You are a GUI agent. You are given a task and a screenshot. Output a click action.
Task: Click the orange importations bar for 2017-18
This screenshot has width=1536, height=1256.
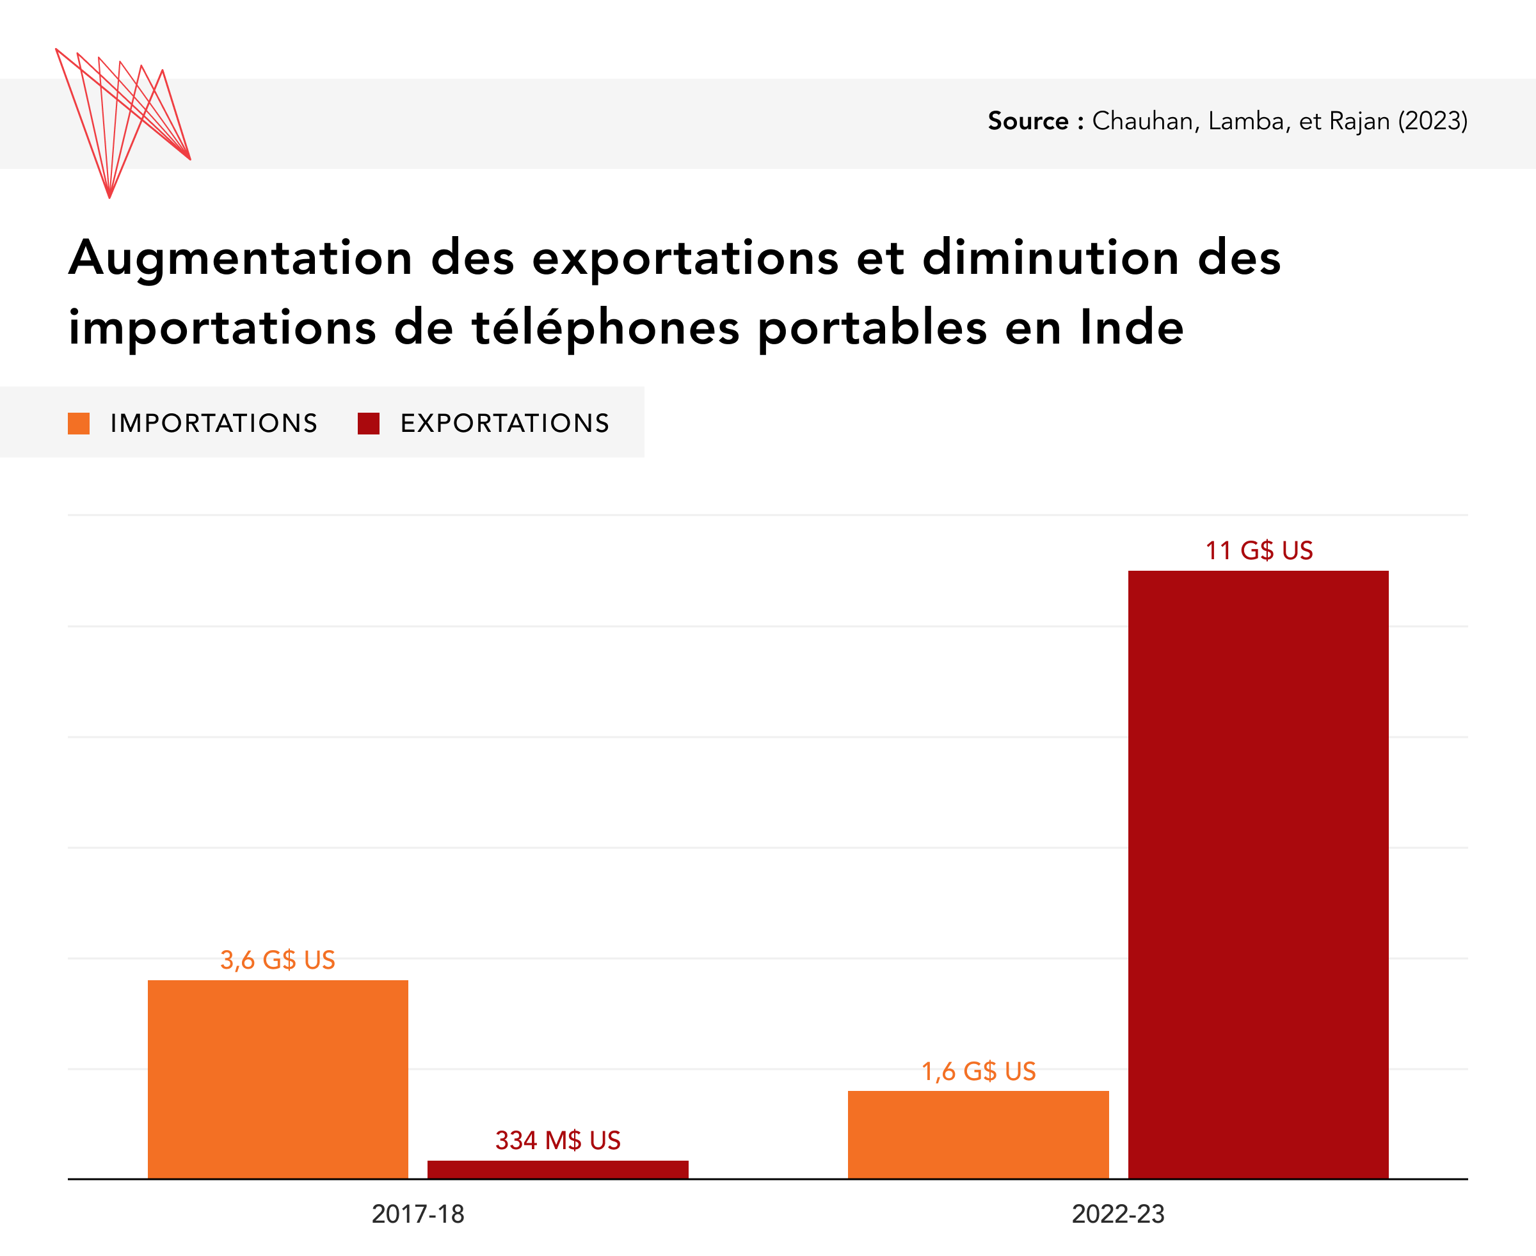278,1079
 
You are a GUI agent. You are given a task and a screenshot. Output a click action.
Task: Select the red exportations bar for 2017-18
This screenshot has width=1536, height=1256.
558,1169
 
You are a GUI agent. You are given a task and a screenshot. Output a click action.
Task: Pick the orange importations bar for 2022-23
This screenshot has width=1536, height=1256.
978,1134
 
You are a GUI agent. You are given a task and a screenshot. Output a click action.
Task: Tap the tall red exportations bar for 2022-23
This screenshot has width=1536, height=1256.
1258,874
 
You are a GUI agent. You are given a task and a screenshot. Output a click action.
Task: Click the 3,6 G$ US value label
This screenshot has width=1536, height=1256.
278,960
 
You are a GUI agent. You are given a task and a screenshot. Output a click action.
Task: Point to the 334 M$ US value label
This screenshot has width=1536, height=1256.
558,1140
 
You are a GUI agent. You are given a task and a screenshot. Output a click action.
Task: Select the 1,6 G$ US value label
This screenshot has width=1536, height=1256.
978,1071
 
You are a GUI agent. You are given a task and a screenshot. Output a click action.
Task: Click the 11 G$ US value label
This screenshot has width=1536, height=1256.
1258,551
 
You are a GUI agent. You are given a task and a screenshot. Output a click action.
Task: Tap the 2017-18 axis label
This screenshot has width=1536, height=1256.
417,1214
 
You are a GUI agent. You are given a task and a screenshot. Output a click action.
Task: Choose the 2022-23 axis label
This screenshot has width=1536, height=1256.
1118,1214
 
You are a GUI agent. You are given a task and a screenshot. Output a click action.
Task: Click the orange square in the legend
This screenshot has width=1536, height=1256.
79,423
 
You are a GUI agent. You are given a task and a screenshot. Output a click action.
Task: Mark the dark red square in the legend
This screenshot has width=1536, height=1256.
368,423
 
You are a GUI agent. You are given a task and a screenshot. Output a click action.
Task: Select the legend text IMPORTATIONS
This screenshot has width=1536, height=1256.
213,423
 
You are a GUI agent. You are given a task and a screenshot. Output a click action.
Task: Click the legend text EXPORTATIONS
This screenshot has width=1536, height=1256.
504,423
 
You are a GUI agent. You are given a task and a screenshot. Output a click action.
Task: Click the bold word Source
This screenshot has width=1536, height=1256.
1028,121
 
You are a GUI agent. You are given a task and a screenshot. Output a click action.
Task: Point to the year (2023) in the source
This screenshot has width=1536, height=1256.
1432,121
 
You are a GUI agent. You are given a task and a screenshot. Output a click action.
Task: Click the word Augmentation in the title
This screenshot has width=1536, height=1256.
240,259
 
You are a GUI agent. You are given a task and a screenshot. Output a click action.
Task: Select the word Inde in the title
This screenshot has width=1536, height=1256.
1132,328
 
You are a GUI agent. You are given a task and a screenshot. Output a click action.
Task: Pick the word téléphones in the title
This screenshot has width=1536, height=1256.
605,328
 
